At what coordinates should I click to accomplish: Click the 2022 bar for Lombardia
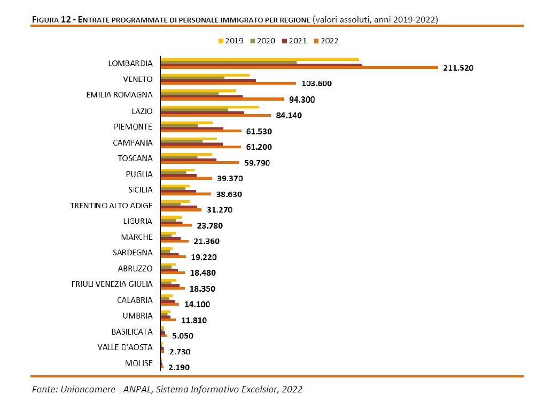coord(299,68)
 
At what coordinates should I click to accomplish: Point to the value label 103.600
coord(316,84)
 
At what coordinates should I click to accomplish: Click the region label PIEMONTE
coord(133,127)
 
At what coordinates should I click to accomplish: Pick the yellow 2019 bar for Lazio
coord(210,107)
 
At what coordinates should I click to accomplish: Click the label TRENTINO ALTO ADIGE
coord(112,206)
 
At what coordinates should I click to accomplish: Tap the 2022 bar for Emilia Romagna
coord(222,99)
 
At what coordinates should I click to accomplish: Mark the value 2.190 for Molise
coord(178,367)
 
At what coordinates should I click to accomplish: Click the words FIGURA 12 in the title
coord(52,20)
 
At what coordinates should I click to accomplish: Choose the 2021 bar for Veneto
coord(208,81)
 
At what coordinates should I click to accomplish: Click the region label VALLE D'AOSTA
coord(125,347)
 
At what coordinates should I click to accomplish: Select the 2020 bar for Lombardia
coord(229,62)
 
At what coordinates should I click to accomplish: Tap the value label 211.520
coord(458,68)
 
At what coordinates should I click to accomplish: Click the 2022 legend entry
coord(326,41)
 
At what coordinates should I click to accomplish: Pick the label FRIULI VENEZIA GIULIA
coord(112,284)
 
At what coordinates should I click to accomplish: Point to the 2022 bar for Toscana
coord(200,162)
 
